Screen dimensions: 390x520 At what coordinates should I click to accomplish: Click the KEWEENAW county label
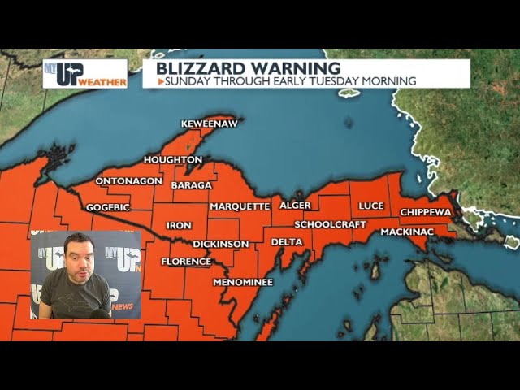pyautogui.click(x=209, y=123)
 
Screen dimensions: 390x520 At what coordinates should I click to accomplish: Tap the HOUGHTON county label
pyautogui.click(x=173, y=160)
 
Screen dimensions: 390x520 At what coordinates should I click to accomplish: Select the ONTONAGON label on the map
pyautogui.click(x=129, y=181)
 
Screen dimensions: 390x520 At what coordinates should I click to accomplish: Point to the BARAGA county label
pyautogui.click(x=191, y=185)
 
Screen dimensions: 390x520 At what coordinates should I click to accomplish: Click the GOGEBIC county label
pyautogui.click(x=108, y=207)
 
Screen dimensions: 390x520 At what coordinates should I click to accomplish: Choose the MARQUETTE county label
pyautogui.click(x=240, y=206)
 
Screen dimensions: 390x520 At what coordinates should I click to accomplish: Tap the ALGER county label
pyautogui.click(x=295, y=206)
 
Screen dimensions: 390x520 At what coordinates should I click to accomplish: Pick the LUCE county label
pyautogui.click(x=370, y=206)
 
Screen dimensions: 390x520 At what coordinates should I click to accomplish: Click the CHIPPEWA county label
pyautogui.click(x=426, y=212)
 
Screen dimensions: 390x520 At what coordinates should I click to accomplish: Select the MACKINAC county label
pyautogui.click(x=407, y=232)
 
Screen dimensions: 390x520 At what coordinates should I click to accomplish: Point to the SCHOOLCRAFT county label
pyautogui.click(x=331, y=224)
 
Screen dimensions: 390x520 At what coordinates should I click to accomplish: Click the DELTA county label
pyautogui.click(x=286, y=242)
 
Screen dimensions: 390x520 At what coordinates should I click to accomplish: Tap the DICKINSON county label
pyautogui.click(x=221, y=244)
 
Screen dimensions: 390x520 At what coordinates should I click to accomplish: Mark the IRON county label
pyautogui.click(x=179, y=225)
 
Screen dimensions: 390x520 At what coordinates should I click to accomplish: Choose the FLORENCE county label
pyautogui.click(x=186, y=262)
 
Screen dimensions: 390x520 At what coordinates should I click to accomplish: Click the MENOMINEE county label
pyautogui.click(x=243, y=282)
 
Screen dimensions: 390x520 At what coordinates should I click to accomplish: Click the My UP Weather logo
pyautogui.click(x=85, y=73)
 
